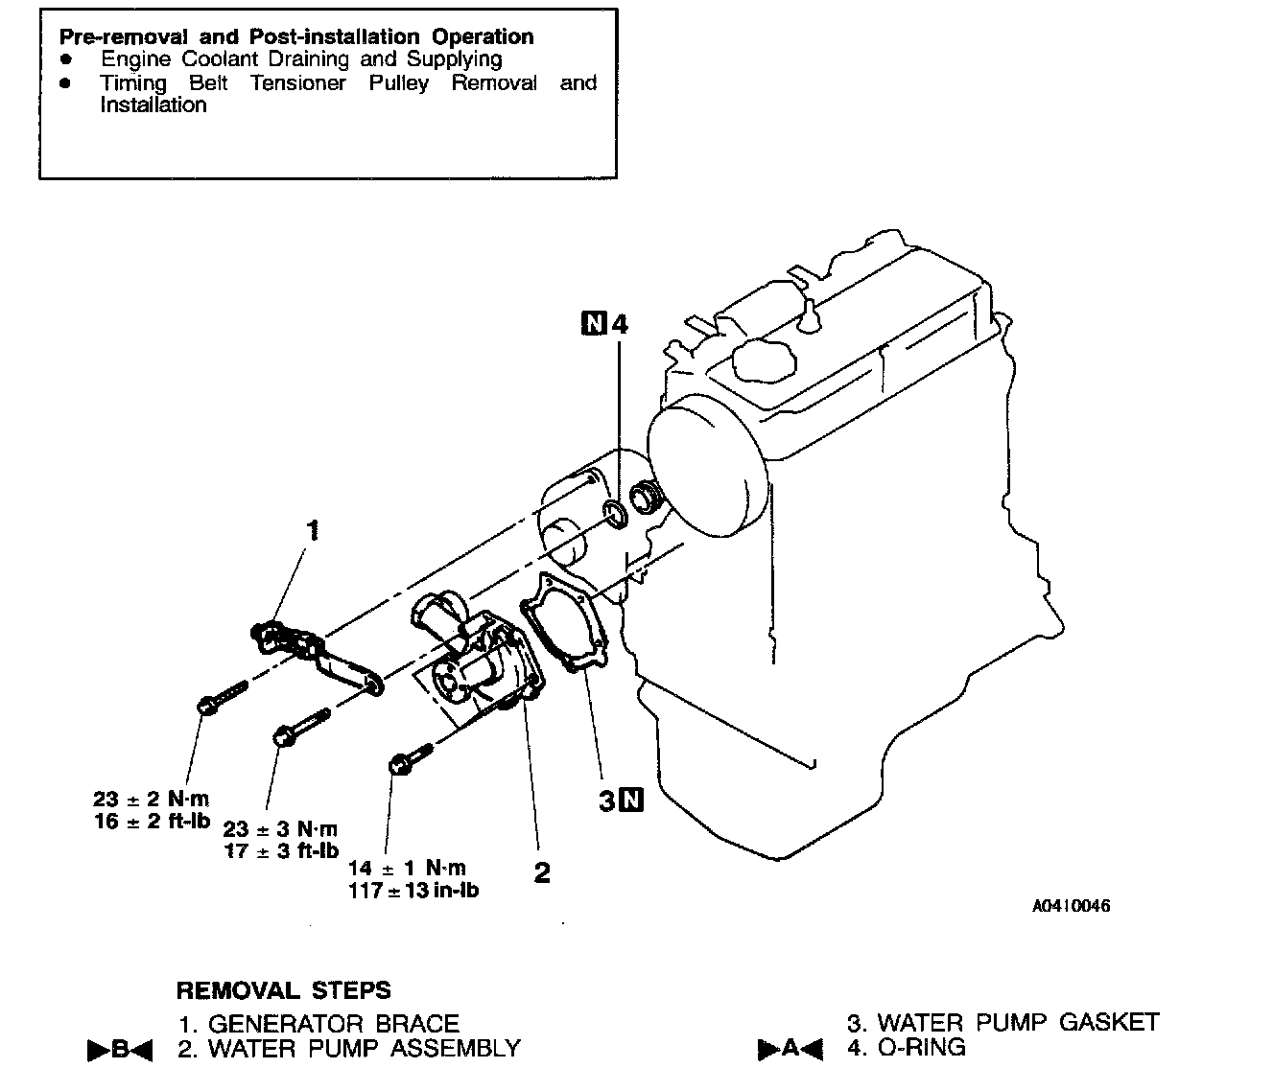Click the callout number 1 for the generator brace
click(312, 530)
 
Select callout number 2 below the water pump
click(542, 872)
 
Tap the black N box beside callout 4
click(594, 323)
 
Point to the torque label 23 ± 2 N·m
click(151, 799)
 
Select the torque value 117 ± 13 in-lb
click(413, 890)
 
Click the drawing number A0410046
click(1071, 906)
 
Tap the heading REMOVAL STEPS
click(283, 989)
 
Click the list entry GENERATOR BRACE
click(333, 1024)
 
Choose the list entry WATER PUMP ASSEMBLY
click(364, 1049)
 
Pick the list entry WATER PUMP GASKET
click(1018, 1023)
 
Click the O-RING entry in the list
click(921, 1048)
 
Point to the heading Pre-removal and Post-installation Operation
click(296, 37)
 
